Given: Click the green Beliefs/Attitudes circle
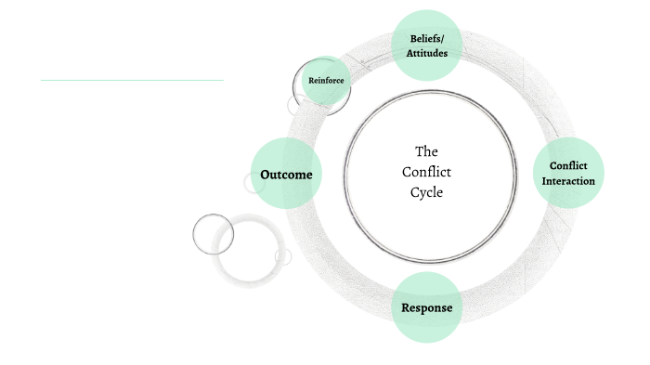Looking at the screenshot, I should (x=427, y=46).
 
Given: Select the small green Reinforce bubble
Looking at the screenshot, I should (x=326, y=81).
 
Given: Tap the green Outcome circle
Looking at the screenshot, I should (x=286, y=174).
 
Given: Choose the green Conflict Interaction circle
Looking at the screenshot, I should (x=568, y=173).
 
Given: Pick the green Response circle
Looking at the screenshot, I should (x=427, y=306).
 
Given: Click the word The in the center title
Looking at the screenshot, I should (x=426, y=150).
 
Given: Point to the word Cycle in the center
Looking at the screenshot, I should (x=427, y=192).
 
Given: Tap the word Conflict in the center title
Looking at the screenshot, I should (x=426, y=172).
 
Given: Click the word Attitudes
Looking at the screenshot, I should (x=427, y=54).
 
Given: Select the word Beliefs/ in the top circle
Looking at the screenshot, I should (x=427, y=38).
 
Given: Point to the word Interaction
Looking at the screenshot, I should (x=568, y=181).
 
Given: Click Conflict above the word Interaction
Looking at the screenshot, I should (x=568, y=166).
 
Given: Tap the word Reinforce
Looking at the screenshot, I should (x=326, y=81).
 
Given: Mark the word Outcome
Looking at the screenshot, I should (x=286, y=175).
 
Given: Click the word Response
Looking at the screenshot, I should (x=427, y=307).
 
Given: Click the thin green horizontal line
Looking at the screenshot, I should (x=132, y=81).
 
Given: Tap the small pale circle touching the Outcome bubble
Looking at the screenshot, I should (x=253, y=183).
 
